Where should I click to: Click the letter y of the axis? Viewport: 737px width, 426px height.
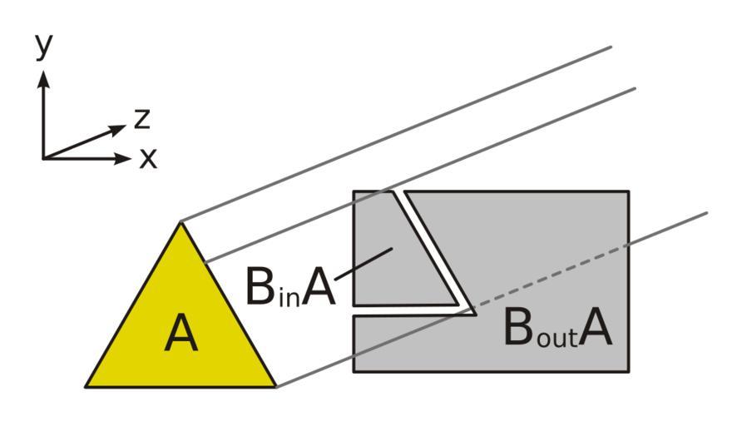[44, 48]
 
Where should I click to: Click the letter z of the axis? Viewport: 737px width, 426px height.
[142, 121]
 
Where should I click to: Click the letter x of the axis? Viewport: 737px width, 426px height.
[148, 158]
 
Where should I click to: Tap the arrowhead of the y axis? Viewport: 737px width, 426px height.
[43, 77]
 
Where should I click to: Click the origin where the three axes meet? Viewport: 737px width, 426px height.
[43, 157]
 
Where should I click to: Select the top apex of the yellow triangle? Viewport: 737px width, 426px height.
[181, 221]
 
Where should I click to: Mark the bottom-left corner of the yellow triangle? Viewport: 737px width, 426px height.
[86, 387]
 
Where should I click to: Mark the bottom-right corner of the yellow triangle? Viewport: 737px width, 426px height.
[275, 387]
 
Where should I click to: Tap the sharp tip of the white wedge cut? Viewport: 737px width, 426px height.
[473, 311]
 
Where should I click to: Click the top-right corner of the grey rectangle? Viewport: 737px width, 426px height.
[628, 192]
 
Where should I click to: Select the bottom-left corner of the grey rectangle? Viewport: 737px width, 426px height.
[354, 370]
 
